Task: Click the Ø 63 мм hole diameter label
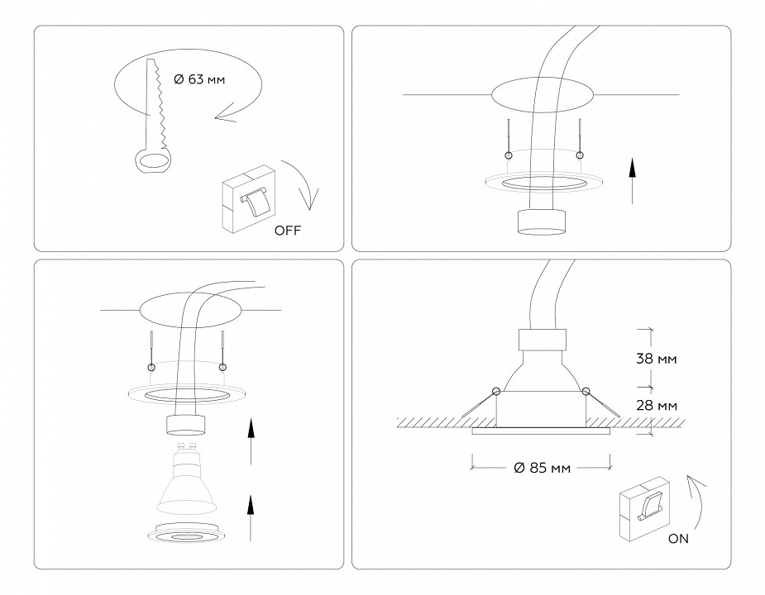click(x=198, y=80)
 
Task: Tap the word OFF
click(x=287, y=231)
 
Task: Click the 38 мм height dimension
click(x=657, y=359)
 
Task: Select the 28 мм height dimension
click(x=657, y=406)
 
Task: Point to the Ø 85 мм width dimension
click(x=541, y=469)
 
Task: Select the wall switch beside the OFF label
click(x=247, y=198)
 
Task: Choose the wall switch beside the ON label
click(x=644, y=506)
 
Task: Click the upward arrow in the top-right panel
click(x=631, y=183)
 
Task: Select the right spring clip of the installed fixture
click(x=600, y=402)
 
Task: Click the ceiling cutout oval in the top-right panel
click(x=541, y=98)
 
